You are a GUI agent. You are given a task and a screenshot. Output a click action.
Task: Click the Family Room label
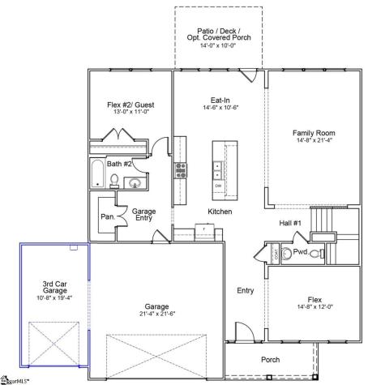(314, 133)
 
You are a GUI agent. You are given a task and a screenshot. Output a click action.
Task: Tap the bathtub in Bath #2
(97, 173)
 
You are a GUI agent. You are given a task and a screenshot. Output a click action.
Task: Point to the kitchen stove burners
(180, 169)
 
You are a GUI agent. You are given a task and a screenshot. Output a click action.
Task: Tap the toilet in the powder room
(316, 253)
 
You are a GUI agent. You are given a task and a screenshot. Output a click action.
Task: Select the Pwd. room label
(300, 253)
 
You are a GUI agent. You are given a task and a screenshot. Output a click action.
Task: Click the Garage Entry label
(143, 216)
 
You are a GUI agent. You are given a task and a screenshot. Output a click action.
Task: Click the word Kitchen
(197, 212)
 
